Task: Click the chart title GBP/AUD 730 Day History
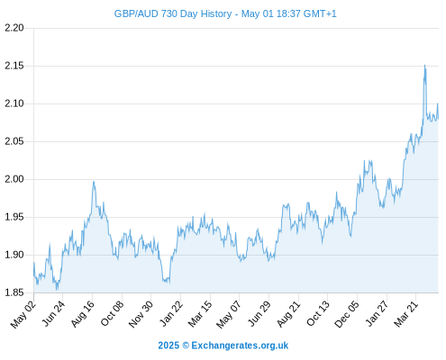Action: pyautogui.click(x=173, y=13)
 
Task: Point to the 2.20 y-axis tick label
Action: pyautogui.click(x=14, y=28)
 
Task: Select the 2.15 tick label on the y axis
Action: pyautogui.click(x=14, y=66)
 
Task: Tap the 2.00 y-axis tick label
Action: pyautogui.click(x=14, y=179)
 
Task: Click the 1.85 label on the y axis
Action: pyautogui.click(x=14, y=292)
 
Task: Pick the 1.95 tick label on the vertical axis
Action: pyautogui.click(x=14, y=217)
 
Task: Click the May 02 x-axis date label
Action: pyautogui.click(x=23, y=314)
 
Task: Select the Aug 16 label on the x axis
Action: pyautogui.click(x=82, y=313)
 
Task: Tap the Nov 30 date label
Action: pyautogui.click(x=141, y=314)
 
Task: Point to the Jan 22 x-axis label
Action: pyautogui.click(x=170, y=313)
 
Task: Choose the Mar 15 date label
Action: pyautogui.click(x=200, y=314)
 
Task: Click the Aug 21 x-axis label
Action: pyautogui.click(x=288, y=313)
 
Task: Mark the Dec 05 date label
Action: pyautogui.click(x=347, y=314)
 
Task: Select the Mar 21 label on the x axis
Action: pyautogui.click(x=406, y=314)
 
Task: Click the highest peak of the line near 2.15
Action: pyautogui.click(x=424, y=65)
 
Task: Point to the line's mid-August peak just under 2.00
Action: pyautogui.click(x=94, y=182)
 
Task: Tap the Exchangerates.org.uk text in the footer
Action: pyautogui.click(x=240, y=346)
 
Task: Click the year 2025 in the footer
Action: pyautogui.click(x=168, y=346)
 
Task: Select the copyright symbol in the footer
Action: pyautogui.click(x=186, y=346)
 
